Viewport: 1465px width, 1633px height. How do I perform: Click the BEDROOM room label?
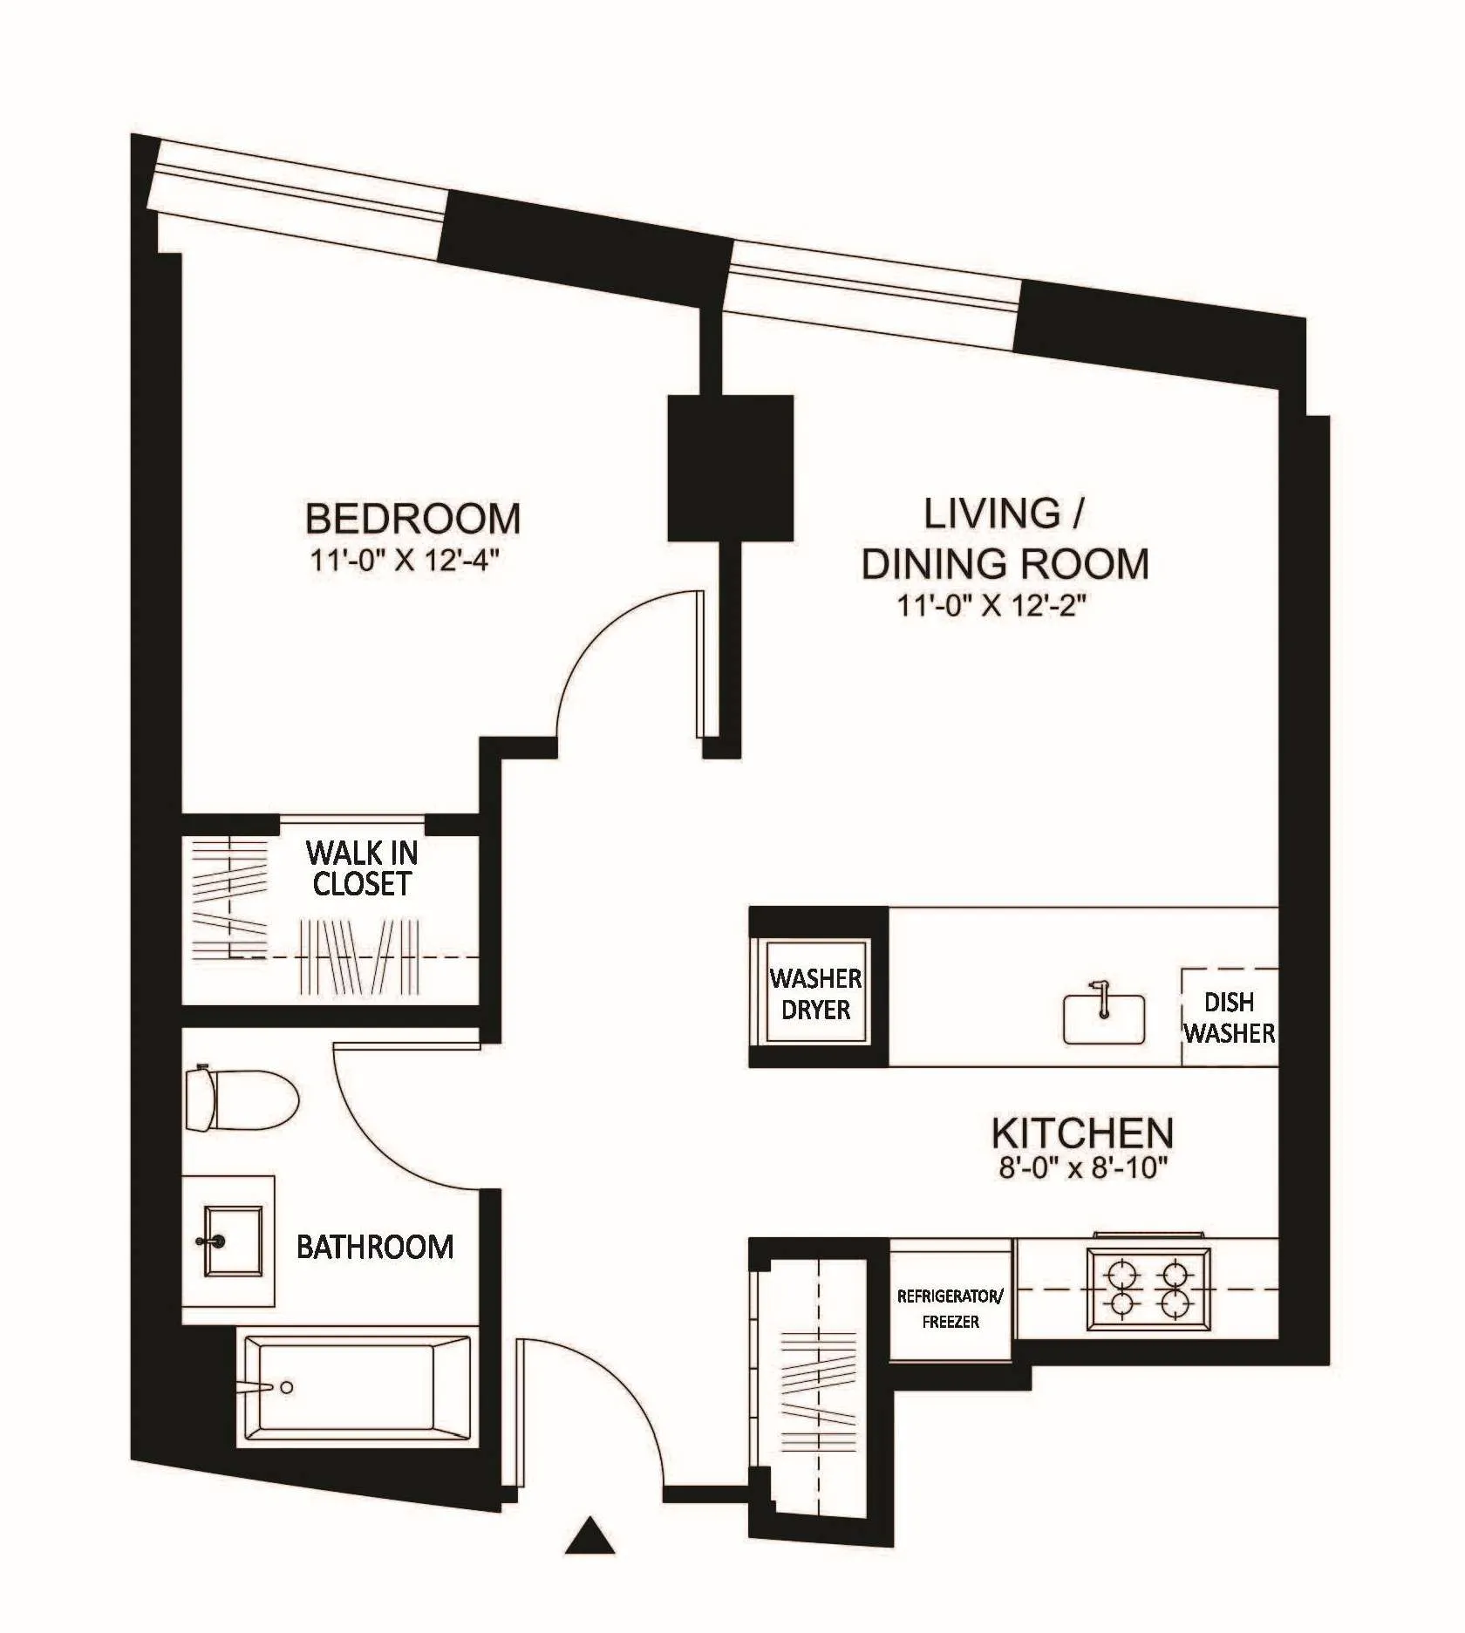[x=412, y=519]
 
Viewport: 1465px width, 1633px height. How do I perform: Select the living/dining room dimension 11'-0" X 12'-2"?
[x=991, y=605]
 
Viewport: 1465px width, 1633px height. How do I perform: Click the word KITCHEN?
[x=1082, y=1133]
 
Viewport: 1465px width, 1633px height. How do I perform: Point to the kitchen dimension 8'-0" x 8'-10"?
[x=1082, y=1167]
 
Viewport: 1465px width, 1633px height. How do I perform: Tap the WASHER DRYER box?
[x=815, y=994]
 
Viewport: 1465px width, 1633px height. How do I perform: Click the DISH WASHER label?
[x=1229, y=1018]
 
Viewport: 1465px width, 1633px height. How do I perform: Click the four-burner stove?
[x=1148, y=1289]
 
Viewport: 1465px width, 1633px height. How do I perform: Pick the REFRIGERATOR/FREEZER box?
[x=951, y=1308]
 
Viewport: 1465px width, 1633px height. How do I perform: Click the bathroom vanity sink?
[x=232, y=1241]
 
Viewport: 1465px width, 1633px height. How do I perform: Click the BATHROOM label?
[x=375, y=1247]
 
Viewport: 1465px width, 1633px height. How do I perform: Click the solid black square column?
[x=730, y=467]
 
